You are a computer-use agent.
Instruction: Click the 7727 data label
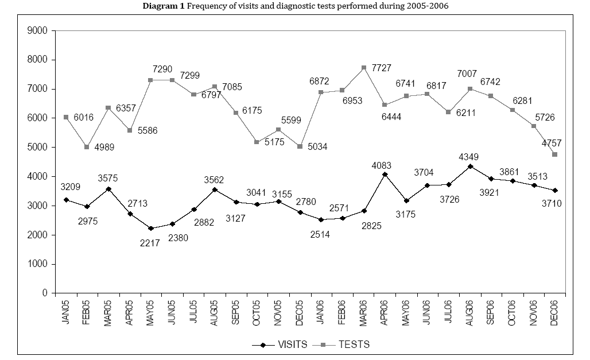(381, 68)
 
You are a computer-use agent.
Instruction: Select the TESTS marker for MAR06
(364, 68)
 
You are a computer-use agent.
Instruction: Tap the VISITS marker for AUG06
(470, 167)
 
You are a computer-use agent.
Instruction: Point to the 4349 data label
(470, 155)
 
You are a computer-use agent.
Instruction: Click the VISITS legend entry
(280, 344)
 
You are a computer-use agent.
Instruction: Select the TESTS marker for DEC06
(555, 154)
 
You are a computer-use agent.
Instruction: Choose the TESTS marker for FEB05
(87, 147)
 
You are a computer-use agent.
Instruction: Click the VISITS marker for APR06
(385, 174)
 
